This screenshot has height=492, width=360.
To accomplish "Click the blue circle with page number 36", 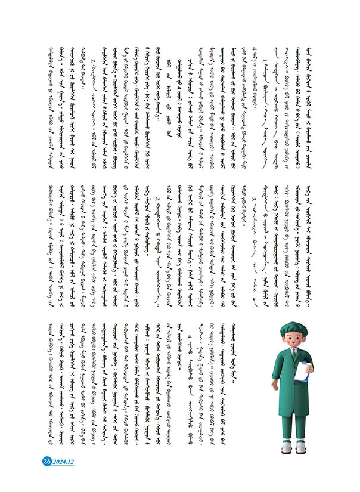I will tap(46, 461).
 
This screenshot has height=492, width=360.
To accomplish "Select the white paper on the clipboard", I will tap(305, 373).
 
